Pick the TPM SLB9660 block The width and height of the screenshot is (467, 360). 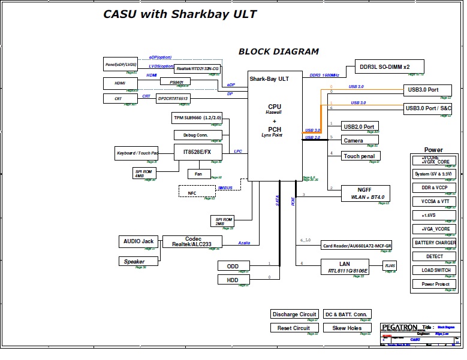198,117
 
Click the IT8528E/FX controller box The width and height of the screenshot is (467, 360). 198,152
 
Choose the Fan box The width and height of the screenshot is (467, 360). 198,174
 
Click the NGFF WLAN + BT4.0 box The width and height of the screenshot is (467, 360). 365,193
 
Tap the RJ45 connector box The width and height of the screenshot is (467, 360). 390,266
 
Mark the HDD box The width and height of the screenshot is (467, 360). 233,280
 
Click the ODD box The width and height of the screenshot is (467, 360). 233,266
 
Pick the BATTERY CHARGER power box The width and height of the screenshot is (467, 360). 435,243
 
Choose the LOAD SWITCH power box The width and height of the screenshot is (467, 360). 435,270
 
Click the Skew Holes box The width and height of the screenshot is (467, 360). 346,328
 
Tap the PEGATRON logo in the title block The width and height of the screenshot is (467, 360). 399,328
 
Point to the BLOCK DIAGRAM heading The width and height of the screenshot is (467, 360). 279,52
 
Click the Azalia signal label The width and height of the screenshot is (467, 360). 244,243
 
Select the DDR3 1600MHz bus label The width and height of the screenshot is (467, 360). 324,75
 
